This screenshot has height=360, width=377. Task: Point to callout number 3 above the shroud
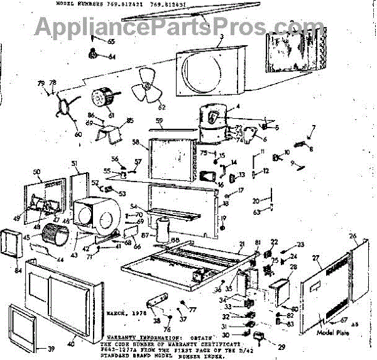[x=221, y=37]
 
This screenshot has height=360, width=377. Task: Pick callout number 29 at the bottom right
[x=263, y=347]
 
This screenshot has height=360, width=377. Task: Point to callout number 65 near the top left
[x=112, y=41]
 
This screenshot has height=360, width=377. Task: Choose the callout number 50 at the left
[x=36, y=172]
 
